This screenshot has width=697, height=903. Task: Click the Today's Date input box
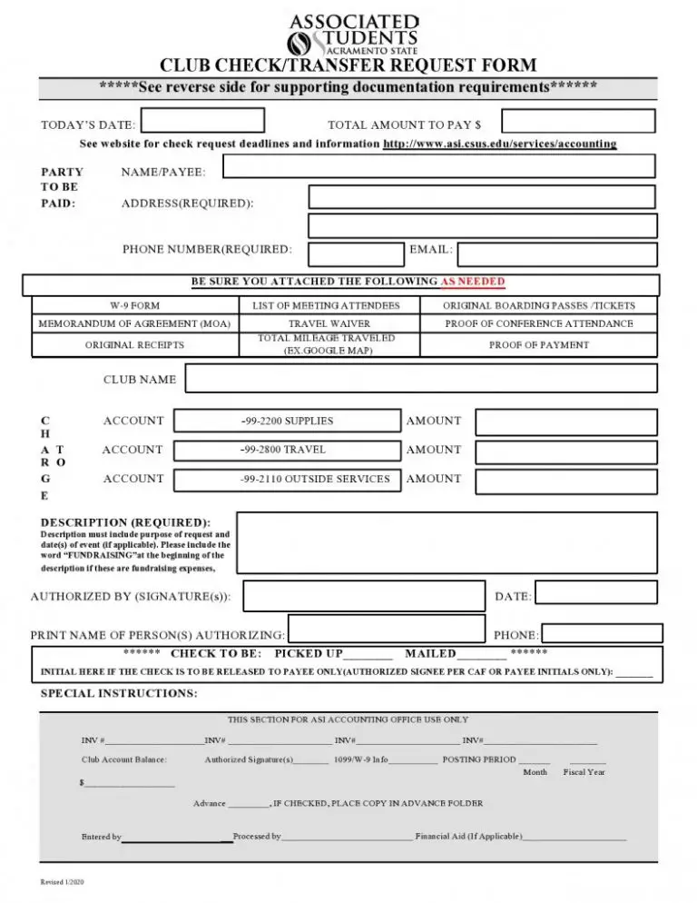coord(203,121)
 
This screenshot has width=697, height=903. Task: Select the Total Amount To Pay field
coord(578,121)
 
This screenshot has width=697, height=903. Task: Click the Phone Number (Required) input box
coord(355,254)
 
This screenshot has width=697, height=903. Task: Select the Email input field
coord(557,254)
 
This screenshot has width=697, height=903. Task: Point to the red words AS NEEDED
coord(473,282)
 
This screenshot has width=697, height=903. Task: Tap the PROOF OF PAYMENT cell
coord(539,345)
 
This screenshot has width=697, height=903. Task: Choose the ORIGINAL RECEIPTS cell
coord(134,345)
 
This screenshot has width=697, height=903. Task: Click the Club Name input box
coord(421,379)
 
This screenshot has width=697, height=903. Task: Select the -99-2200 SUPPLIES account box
coord(286,422)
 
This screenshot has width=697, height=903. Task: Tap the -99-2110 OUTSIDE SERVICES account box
coord(286,480)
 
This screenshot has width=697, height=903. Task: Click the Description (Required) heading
coord(125,522)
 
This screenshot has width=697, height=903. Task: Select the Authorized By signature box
coord(365,597)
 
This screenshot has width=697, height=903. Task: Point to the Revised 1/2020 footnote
coord(63,883)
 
